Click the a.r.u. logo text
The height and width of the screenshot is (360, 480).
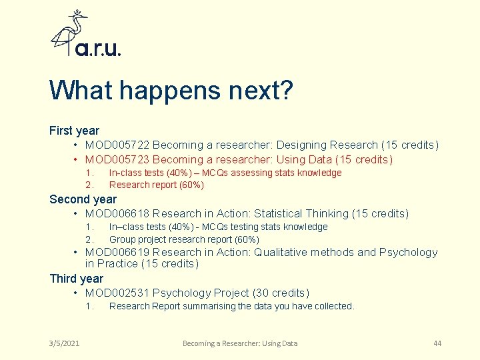(97, 48)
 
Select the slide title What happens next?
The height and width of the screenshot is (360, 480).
(171, 91)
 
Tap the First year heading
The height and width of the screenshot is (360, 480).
(74, 131)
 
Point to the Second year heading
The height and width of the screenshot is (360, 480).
(83, 199)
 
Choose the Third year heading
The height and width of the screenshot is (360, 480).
(76, 278)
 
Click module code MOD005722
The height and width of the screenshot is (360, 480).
(117, 145)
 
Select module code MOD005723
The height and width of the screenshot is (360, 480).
(117, 160)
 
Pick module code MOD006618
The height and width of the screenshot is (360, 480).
(117, 214)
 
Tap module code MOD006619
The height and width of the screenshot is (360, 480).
(117, 253)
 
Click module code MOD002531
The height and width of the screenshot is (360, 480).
(117, 293)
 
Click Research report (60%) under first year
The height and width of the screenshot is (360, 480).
(157, 185)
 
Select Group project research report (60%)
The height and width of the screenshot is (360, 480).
(184, 239)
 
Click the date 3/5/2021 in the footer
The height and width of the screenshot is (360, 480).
(64, 343)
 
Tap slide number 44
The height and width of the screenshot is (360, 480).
(437, 343)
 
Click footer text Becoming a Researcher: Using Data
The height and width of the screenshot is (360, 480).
(240, 343)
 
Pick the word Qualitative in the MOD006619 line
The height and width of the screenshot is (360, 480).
(286, 253)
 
